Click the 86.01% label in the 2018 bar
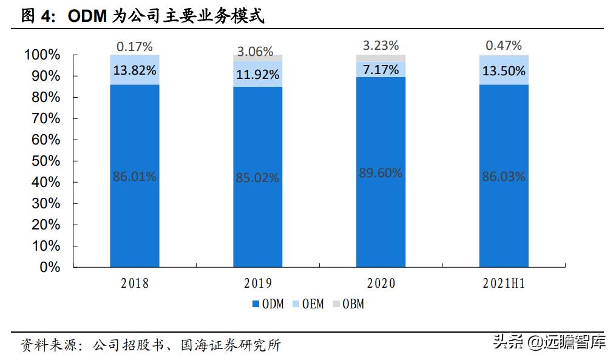[x=134, y=177]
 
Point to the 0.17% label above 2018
[x=134, y=46]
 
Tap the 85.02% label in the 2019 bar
[x=257, y=178]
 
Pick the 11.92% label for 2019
[x=257, y=75]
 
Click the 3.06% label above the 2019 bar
[x=257, y=52]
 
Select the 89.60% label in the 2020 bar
[x=381, y=172]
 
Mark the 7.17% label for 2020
[x=381, y=70]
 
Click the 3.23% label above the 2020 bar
[x=381, y=45]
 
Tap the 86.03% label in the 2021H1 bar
[x=503, y=177]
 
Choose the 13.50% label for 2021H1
[x=503, y=70]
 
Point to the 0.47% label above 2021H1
[x=503, y=45]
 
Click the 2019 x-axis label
[x=257, y=283]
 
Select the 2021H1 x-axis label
[x=503, y=283]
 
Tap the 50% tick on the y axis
[x=46, y=161]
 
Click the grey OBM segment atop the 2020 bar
[x=381, y=58]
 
